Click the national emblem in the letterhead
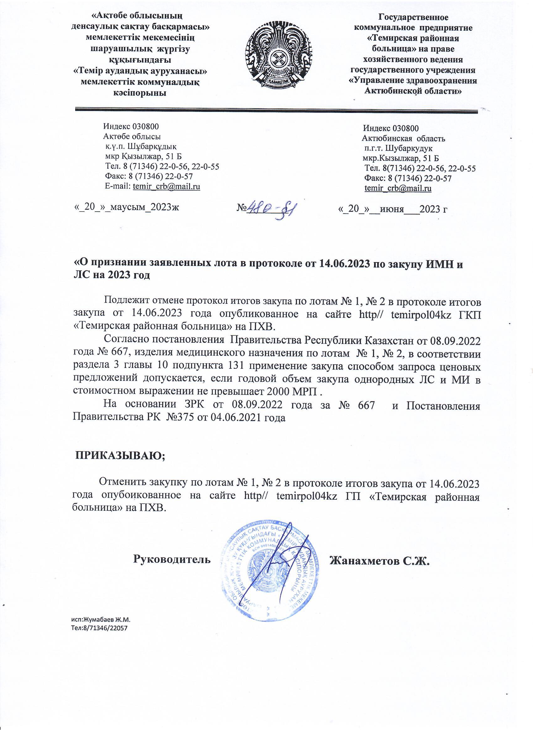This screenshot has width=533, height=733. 279,55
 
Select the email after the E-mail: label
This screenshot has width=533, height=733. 166,187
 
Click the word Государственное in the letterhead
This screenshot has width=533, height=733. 414,17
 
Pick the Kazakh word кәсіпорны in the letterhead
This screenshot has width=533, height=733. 139,93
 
